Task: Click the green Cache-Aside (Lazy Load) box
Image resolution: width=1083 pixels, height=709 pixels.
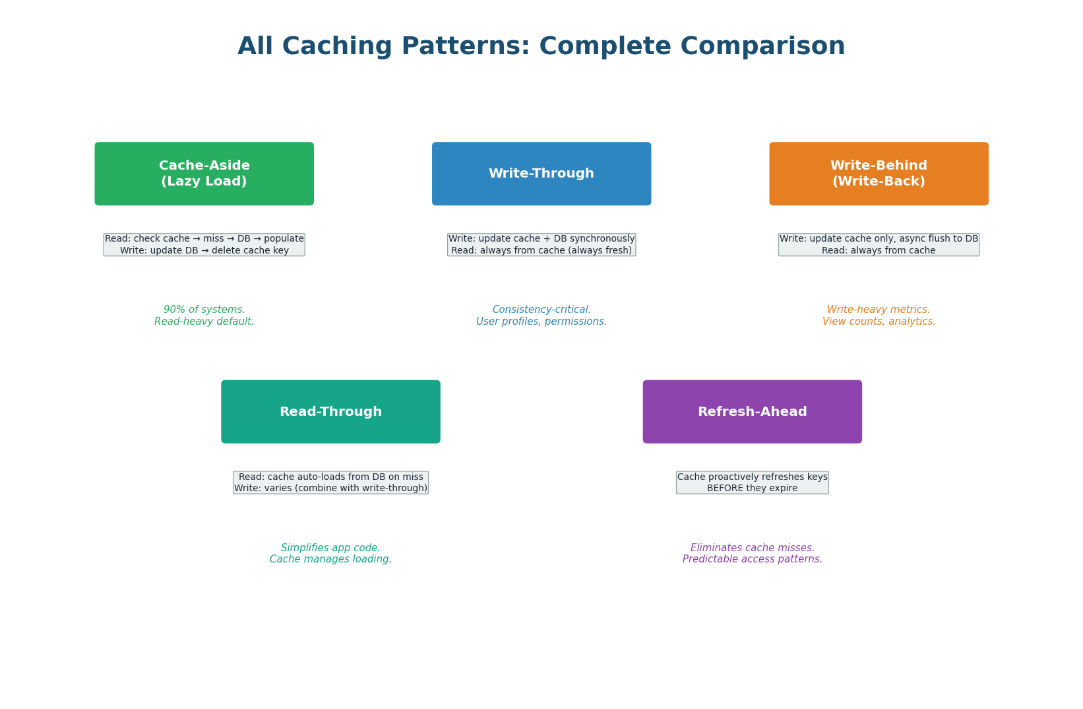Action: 204,174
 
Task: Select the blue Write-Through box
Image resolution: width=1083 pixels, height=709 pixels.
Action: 541,174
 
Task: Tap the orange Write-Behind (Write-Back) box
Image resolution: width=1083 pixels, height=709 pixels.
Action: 879,174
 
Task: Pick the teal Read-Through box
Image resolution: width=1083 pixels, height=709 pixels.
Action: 330,411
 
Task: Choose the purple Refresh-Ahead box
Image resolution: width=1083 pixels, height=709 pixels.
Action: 752,411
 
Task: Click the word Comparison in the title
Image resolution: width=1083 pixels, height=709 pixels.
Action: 762,47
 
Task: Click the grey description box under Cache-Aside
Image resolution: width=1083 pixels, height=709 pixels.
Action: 204,245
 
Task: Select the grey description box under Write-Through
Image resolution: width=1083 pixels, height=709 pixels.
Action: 541,245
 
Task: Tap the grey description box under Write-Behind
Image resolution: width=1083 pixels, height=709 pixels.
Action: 879,245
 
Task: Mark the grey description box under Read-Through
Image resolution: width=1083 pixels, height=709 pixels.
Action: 330,483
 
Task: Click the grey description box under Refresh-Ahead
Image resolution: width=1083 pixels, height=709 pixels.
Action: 752,483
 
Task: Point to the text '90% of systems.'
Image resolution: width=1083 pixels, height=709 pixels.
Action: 204,310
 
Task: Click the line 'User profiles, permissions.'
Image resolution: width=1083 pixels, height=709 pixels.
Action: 541,321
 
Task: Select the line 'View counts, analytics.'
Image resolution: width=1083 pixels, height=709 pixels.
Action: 879,321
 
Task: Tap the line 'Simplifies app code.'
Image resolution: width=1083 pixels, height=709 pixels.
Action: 330,548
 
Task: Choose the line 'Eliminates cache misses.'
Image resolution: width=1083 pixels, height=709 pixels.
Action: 752,548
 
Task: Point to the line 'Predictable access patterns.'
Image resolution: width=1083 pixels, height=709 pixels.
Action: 752,559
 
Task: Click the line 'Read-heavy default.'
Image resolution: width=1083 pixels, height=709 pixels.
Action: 204,321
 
